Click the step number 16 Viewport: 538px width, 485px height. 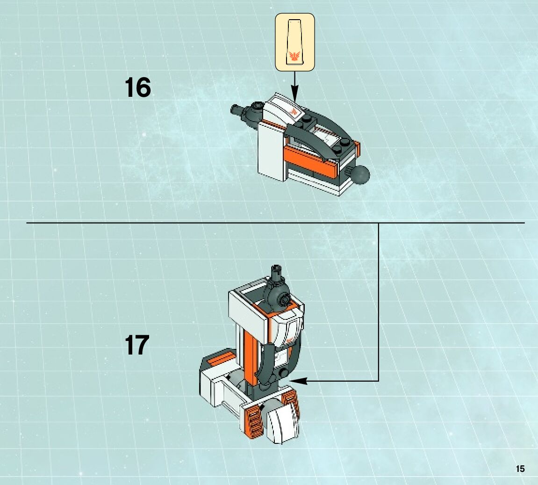click(x=138, y=87)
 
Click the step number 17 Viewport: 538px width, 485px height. click(x=136, y=345)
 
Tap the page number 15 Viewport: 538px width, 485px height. click(x=520, y=469)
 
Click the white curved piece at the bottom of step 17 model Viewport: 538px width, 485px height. click(x=283, y=423)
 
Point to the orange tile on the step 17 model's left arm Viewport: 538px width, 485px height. click(x=218, y=360)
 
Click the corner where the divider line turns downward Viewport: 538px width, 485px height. click(x=378, y=223)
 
